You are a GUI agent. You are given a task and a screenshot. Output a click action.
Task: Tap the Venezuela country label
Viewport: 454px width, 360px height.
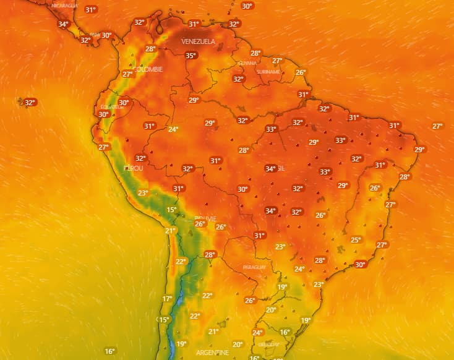click(198, 41)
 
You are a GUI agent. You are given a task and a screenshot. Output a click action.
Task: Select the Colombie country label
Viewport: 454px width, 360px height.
click(148, 70)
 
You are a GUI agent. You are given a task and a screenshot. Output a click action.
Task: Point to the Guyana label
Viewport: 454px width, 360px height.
click(247, 63)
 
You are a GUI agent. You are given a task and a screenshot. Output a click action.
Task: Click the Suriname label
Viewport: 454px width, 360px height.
click(268, 72)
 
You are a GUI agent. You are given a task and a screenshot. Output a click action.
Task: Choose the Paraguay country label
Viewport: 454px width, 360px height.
click(254, 267)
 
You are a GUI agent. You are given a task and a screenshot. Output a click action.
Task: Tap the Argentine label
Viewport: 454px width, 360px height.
click(212, 352)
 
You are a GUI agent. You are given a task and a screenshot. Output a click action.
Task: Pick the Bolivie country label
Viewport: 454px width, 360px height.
click(205, 219)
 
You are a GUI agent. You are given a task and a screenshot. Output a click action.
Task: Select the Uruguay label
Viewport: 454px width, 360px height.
click(268, 344)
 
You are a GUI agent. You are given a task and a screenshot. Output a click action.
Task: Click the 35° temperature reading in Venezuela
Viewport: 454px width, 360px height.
click(191, 56)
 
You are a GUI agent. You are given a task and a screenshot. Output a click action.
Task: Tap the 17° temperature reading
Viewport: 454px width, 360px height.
click(167, 299)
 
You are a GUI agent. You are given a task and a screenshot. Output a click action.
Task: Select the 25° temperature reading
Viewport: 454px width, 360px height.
click(356, 240)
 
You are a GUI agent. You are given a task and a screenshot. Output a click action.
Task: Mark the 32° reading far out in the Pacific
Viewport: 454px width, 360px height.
click(30, 103)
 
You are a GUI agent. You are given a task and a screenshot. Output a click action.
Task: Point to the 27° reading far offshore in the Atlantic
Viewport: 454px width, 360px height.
click(437, 126)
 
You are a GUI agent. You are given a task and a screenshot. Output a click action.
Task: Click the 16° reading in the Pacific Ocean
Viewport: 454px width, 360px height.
click(109, 351)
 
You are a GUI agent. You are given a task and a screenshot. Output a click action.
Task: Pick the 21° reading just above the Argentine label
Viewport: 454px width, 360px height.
click(213, 332)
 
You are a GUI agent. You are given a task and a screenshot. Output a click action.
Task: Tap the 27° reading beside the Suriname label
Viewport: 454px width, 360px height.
click(277, 61)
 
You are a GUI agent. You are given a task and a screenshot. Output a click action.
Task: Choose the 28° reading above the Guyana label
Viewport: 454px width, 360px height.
click(255, 53)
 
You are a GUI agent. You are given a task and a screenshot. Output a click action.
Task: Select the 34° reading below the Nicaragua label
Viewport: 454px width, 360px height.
click(63, 25)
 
